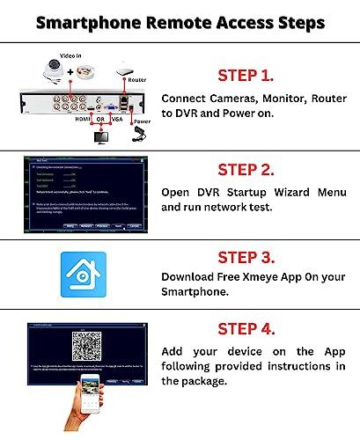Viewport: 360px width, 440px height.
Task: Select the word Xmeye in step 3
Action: coord(260,278)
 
